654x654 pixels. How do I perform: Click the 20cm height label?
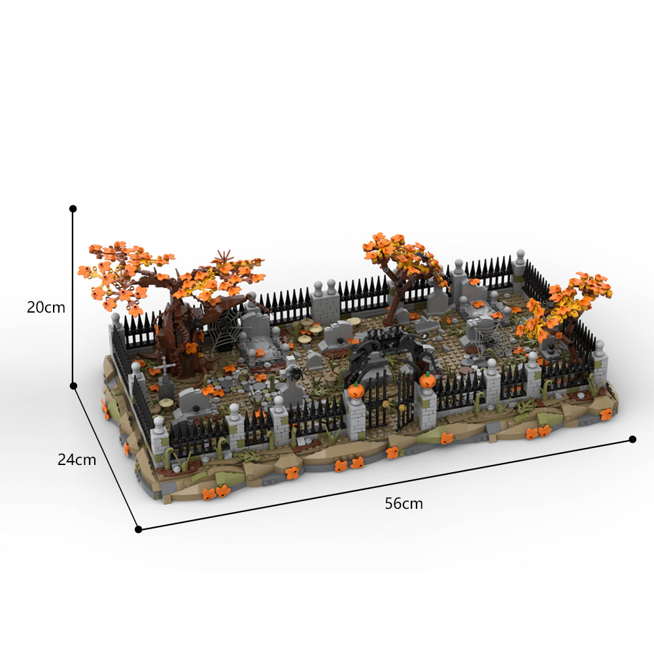[46, 307]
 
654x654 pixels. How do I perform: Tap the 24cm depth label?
[77, 460]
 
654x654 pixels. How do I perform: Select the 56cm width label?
[404, 504]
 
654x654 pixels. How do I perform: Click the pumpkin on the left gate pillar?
[356, 390]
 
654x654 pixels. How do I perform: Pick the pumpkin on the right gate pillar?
[428, 380]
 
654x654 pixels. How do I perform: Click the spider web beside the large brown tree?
[223, 330]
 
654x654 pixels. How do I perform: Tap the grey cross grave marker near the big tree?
[165, 367]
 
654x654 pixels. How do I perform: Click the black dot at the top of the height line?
[73, 209]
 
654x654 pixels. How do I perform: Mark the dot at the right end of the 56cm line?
[632, 439]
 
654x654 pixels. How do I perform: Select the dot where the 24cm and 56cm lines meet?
[138, 529]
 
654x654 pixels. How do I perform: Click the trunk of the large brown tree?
[175, 334]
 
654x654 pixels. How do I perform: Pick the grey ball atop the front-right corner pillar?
[599, 345]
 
